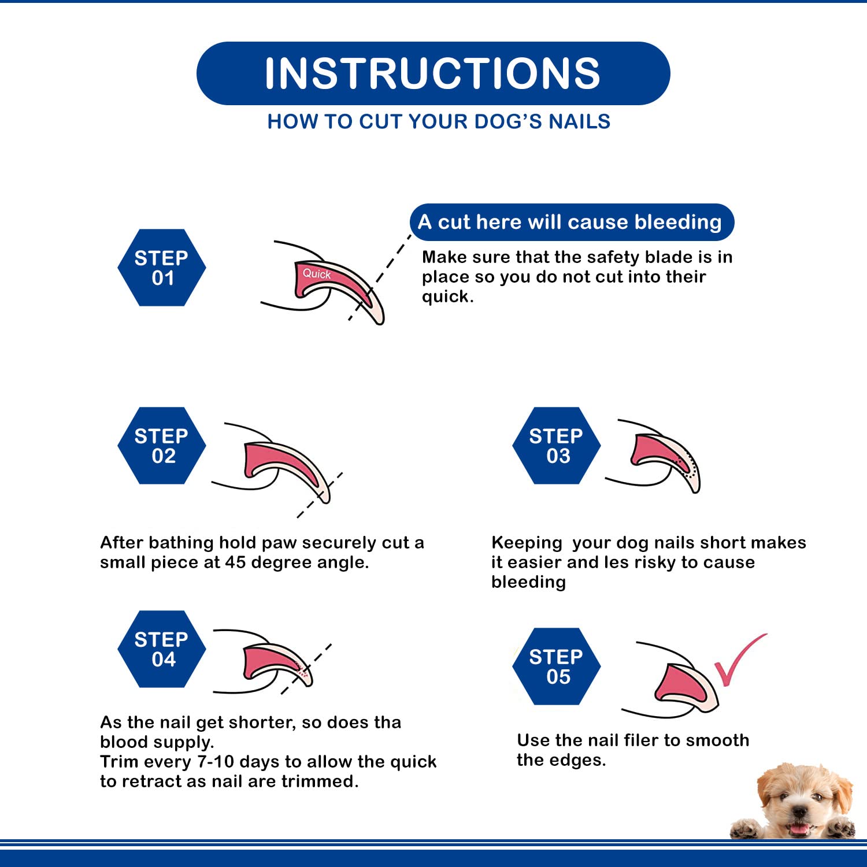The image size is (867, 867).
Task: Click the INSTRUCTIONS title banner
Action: tap(433, 73)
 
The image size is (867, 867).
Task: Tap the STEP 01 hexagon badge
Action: tap(162, 268)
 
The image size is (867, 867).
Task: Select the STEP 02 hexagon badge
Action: tap(162, 446)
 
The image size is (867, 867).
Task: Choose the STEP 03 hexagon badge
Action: tap(556, 446)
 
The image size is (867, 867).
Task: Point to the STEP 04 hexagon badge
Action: tap(162, 649)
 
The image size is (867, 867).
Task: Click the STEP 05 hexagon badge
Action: tap(556, 666)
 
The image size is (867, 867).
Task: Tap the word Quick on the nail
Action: tap(317, 273)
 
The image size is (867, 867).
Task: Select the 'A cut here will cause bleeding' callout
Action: tap(571, 222)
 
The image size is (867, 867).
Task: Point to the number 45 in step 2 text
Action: tap(236, 562)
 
